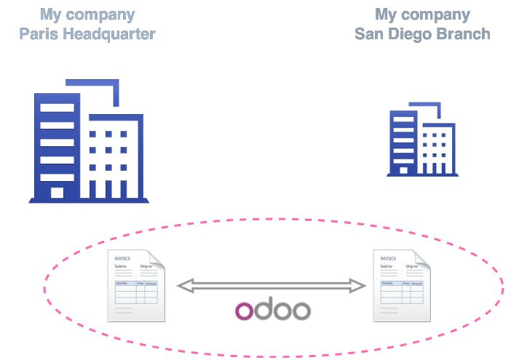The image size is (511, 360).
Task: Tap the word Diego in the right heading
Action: [413, 33]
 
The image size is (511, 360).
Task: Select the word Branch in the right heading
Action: [465, 33]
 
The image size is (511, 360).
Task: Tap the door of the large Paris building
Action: [57, 192]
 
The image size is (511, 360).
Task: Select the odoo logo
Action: [273, 311]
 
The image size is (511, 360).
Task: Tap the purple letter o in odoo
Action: [245, 311]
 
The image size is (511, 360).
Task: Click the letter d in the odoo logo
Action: [263, 309]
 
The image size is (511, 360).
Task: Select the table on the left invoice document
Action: [136, 292]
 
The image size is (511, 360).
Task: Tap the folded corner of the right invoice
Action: [423, 258]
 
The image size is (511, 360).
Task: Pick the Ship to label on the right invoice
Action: [412, 267]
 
